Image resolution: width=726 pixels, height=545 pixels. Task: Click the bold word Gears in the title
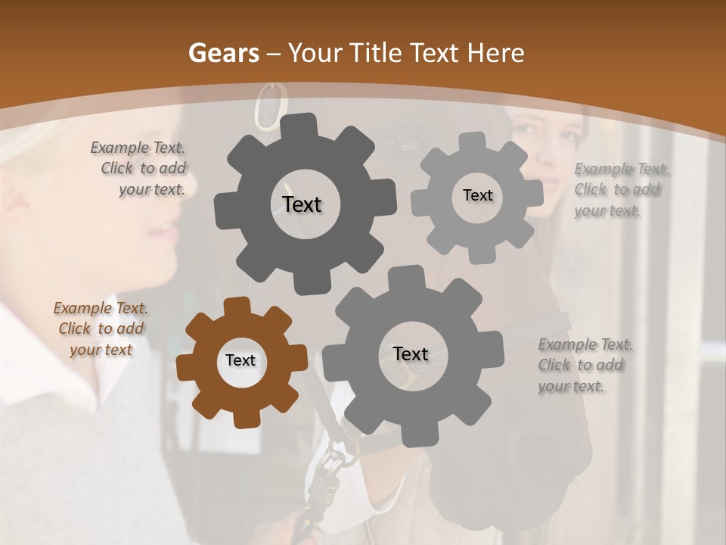click(x=224, y=53)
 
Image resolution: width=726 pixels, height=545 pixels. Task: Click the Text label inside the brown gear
click(x=240, y=361)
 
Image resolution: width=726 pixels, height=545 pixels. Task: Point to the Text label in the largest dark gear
click(x=302, y=204)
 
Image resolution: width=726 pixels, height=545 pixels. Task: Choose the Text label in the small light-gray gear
click(x=477, y=195)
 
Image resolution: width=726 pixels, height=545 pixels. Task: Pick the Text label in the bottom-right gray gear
click(x=411, y=354)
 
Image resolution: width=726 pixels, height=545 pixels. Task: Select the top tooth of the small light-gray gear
click(x=473, y=141)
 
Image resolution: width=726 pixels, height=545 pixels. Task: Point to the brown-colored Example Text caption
click(x=101, y=329)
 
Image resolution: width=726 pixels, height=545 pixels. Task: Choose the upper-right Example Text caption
click(x=620, y=190)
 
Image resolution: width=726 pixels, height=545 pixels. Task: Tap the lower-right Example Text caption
click(x=585, y=365)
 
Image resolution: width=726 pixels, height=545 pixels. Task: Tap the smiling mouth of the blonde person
click(x=163, y=231)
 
